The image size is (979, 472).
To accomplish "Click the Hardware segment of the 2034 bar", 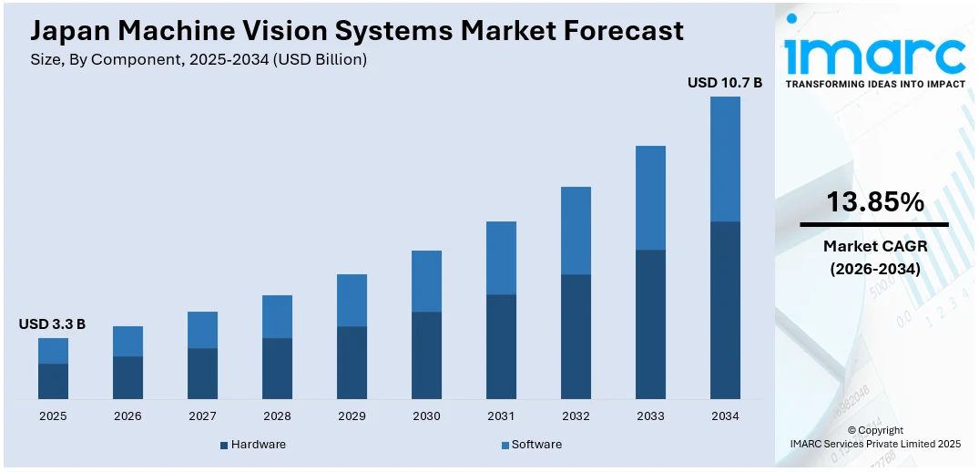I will tap(725, 310).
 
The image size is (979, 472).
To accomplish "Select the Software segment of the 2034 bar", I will tap(725, 159).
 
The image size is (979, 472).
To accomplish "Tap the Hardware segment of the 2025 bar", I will tap(53, 381).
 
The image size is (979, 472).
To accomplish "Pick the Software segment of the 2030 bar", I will tap(426, 281).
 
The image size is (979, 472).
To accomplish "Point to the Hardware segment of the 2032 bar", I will tap(576, 336).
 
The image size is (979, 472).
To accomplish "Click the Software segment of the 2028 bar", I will tap(277, 316).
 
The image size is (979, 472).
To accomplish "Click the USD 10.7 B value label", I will tap(724, 83).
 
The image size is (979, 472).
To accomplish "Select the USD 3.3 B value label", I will tap(52, 324).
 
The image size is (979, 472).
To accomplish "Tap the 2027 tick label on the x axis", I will tap(202, 416).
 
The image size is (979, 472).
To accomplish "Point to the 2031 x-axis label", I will tap(501, 416).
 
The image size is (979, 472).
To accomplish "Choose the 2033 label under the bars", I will tap(650, 416).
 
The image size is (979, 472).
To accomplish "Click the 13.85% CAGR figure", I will tap(874, 202).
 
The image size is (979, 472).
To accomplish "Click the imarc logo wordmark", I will tap(874, 55).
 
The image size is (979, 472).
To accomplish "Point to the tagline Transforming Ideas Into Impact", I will tap(874, 84).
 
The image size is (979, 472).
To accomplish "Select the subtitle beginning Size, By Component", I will tap(199, 59).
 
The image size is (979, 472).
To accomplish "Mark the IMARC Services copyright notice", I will tap(874, 437).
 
